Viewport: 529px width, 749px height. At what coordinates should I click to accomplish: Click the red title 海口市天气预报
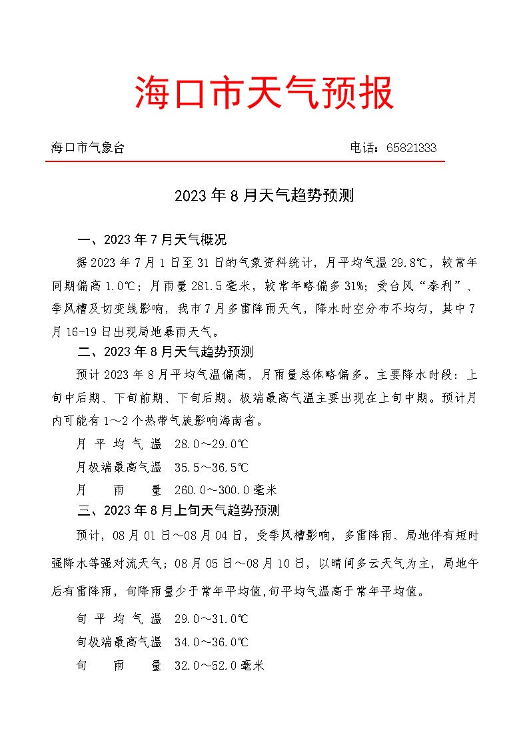[x=264, y=92]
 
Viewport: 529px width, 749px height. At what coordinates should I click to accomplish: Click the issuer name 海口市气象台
[x=88, y=148]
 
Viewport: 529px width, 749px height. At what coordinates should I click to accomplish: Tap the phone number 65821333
[x=411, y=148]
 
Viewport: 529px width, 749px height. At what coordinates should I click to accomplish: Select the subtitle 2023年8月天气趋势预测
[x=264, y=196]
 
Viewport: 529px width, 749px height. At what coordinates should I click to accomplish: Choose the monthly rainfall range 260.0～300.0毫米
[x=225, y=490]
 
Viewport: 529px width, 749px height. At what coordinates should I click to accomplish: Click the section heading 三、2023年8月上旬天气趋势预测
[x=179, y=511]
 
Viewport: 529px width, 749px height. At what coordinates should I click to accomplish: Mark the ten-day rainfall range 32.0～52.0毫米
[x=219, y=665]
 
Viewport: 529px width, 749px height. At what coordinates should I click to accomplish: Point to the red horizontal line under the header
[x=245, y=161]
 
